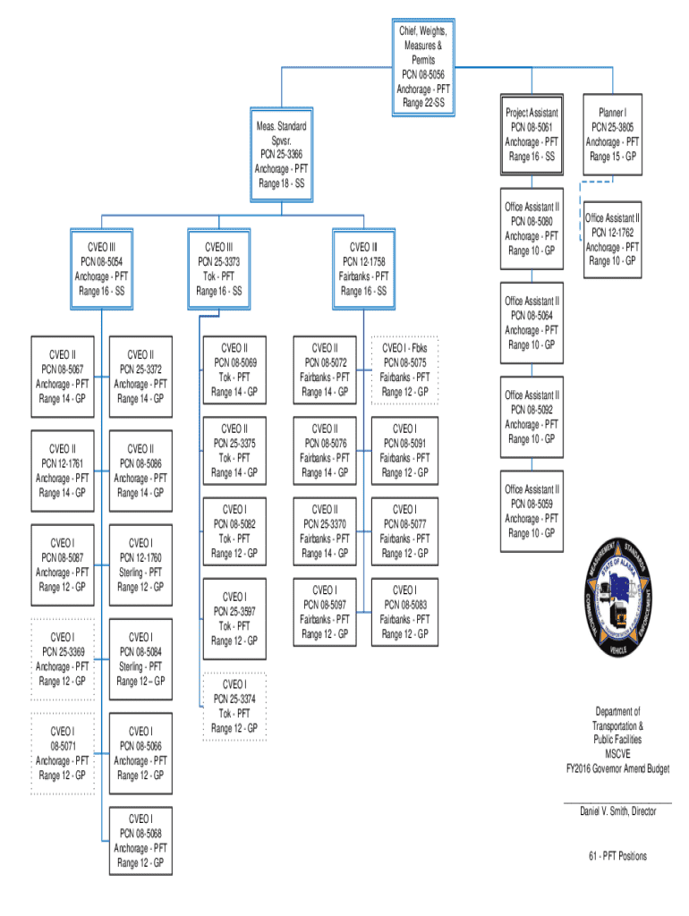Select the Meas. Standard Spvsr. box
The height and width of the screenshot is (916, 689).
(282, 155)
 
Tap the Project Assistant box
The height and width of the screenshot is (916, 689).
(532, 135)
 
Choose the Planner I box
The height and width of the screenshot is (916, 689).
(612, 135)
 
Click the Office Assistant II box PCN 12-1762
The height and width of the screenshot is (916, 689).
(612, 239)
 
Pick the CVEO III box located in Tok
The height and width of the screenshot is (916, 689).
(218, 269)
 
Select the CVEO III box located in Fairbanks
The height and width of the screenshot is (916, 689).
(363, 269)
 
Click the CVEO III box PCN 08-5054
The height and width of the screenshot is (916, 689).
(101, 269)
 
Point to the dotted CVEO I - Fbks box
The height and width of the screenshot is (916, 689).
(404, 369)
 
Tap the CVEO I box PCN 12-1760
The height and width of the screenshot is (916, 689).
(140, 564)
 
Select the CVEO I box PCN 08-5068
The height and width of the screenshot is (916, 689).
(140, 841)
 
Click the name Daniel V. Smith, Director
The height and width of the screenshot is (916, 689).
(617, 811)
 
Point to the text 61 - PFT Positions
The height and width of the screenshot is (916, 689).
(617, 856)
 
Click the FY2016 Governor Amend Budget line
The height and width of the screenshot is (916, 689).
(617, 768)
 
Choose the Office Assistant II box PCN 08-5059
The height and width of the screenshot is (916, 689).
(532, 511)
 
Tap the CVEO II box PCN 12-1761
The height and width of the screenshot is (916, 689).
(62, 471)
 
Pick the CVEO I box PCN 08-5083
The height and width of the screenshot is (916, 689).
(404, 612)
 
